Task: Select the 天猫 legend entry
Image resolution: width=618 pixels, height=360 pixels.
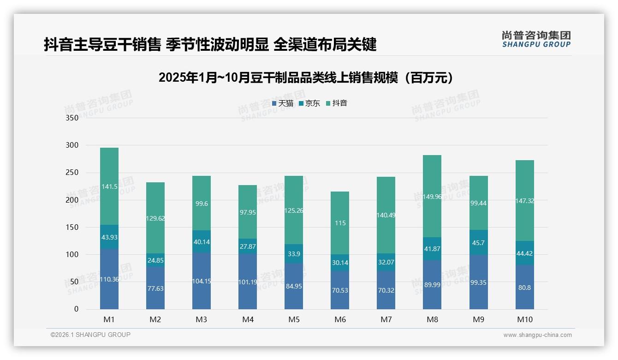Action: (282, 103)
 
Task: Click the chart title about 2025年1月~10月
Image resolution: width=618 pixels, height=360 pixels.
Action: (305, 78)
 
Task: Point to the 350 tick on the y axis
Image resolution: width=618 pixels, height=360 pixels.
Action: (72, 118)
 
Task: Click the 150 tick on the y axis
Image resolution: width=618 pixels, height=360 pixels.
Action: (72, 227)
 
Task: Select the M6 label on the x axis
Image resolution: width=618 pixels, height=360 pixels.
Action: (340, 319)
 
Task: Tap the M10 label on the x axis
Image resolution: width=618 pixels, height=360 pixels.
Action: (524, 319)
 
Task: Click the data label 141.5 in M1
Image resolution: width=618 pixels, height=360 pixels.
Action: (109, 186)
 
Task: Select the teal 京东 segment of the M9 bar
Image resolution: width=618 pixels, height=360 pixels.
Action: (478, 243)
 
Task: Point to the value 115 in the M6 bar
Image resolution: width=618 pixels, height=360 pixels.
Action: (340, 223)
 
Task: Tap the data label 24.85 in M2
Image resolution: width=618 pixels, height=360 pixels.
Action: (155, 260)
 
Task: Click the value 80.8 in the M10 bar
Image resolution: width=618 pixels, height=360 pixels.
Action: (524, 288)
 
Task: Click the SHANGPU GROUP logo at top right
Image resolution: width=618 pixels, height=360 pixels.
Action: (536, 39)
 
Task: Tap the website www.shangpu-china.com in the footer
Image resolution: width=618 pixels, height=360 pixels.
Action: (537, 335)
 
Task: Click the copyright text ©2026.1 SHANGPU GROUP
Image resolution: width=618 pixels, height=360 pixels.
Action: (90, 335)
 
